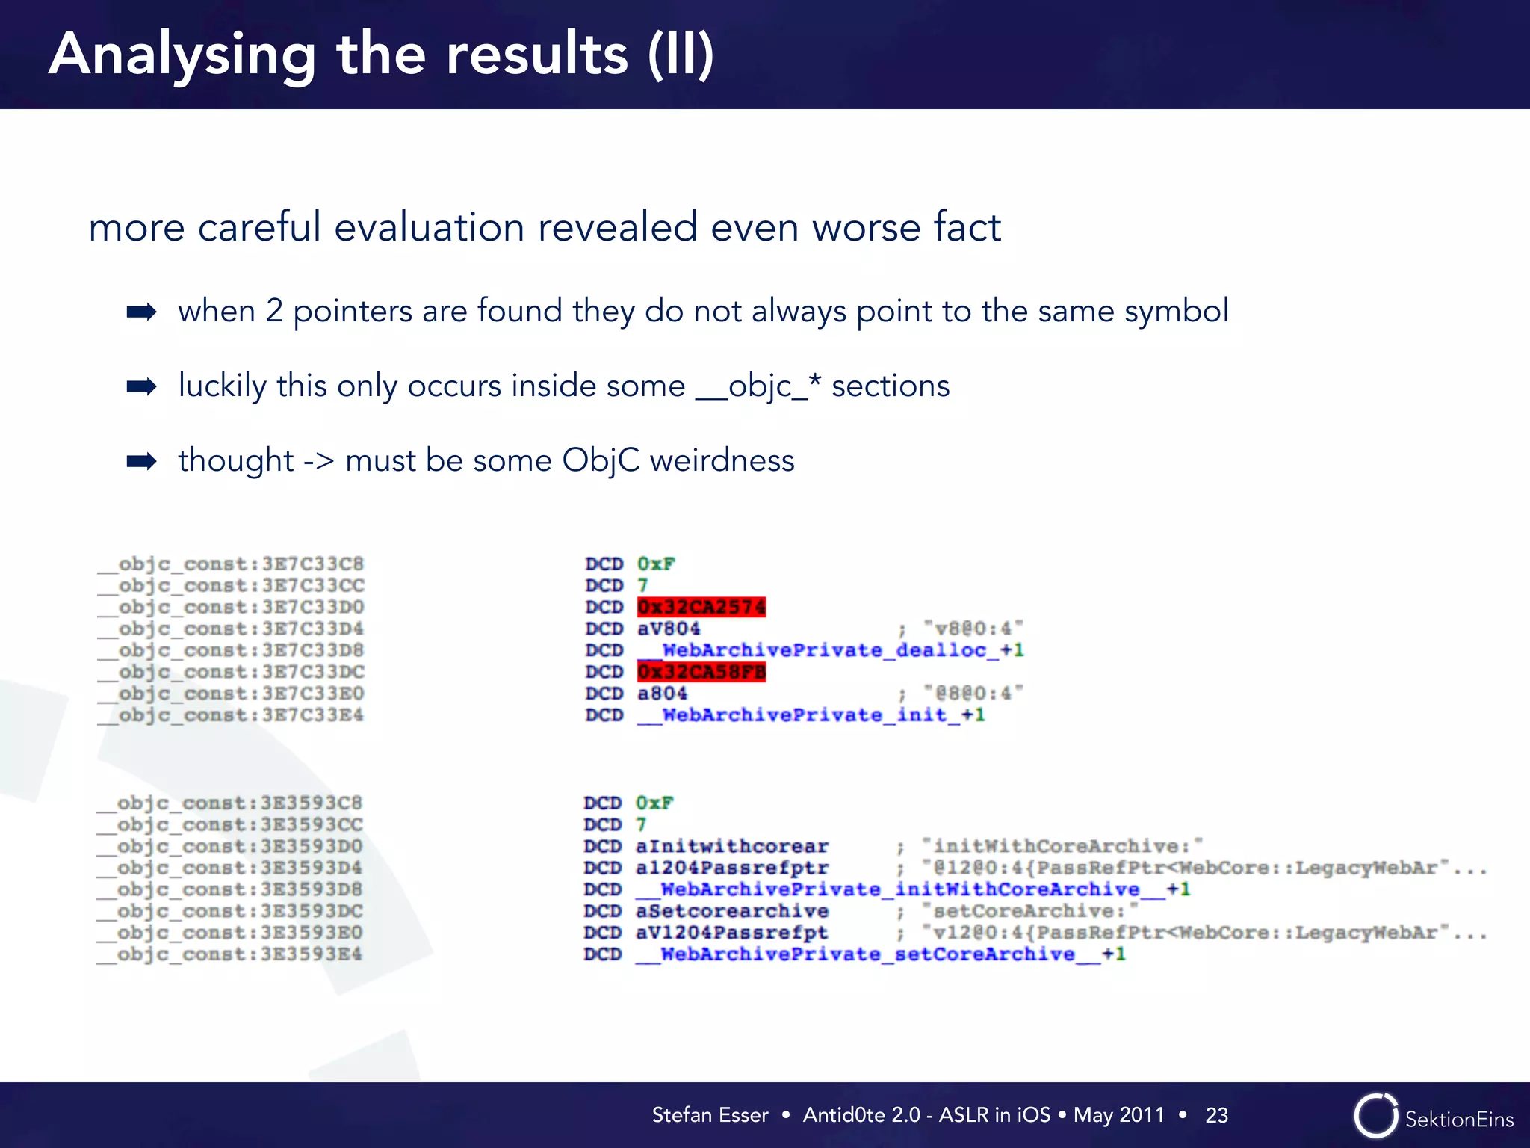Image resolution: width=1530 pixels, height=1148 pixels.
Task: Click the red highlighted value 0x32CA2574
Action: tap(701, 606)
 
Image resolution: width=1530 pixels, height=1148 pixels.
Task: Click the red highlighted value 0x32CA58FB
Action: tap(701, 671)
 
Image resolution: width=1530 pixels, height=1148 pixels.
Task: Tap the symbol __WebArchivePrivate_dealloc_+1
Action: tap(830, 649)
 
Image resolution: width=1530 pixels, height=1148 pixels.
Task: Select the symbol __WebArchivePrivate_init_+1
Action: tap(811, 715)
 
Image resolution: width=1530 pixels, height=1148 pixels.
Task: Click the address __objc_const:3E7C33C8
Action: tap(231, 564)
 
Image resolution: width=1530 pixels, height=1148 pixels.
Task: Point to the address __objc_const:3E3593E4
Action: tap(229, 954)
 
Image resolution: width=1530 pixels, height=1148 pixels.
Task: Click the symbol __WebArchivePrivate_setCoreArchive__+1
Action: tap(880, 954)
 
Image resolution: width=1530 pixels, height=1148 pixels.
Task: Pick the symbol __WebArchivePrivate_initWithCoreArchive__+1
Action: tap(912, 889)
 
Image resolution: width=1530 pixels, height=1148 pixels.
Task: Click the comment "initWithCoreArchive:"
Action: tap(1062, 845)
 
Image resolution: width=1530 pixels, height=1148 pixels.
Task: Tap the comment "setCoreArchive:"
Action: tap(1029, 910)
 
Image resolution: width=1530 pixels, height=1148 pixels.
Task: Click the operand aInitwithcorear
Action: tap(731, 845)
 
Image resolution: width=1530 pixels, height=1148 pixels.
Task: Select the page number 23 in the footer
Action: tap(1216, 1115)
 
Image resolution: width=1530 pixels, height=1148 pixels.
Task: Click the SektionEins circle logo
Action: tap(1375, 1116)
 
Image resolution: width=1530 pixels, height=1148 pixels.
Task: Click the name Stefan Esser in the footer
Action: tap(710, 1115)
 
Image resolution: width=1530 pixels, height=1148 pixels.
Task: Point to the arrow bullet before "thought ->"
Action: tap(141, 460)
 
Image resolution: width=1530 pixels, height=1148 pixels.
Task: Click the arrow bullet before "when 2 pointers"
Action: tap(141, 311)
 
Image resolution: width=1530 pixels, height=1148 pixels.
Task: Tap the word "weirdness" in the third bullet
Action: tap(722, 460)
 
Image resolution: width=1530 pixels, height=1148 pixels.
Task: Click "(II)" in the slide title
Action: tap(681, 55)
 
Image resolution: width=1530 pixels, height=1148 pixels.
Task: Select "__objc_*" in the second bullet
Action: tap(758, 386)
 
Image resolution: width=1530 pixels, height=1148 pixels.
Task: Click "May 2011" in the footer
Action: tap(1118, 1115)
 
